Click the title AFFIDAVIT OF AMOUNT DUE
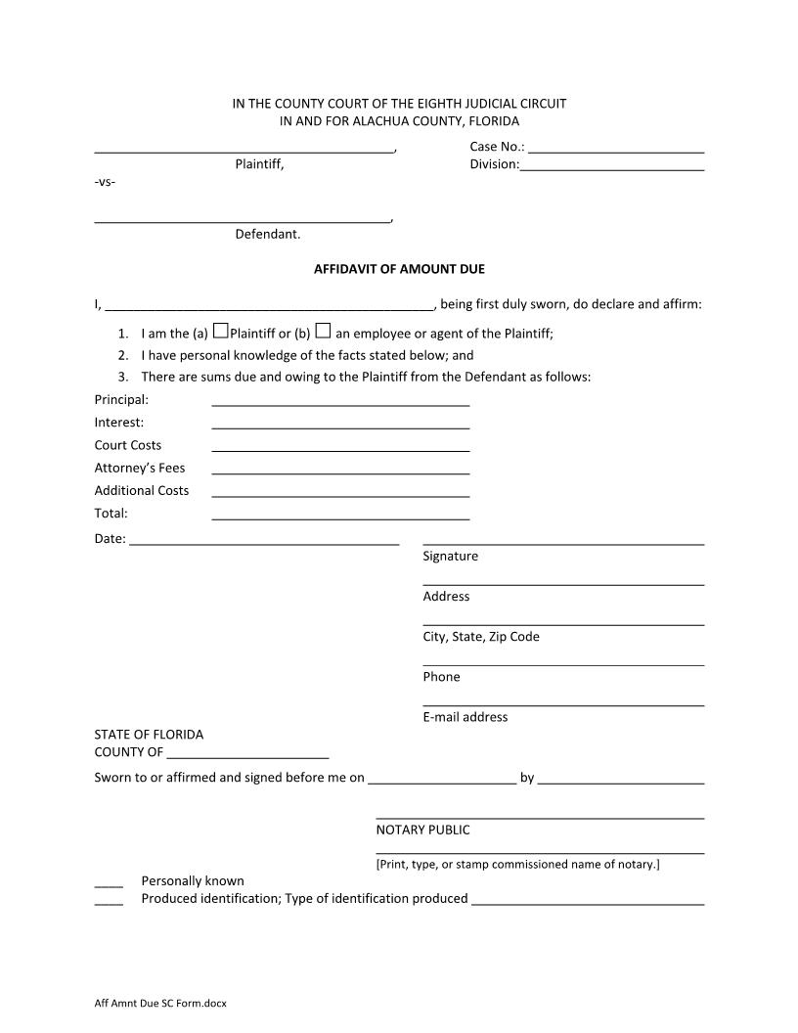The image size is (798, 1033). tap(399, 269)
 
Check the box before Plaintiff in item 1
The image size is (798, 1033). tap(221, 331)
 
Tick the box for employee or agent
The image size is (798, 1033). tap(323, 331)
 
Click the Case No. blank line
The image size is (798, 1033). tap(616, 150)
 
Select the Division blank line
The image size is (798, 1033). tap(612, 167)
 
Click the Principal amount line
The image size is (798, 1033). tap(340, 402)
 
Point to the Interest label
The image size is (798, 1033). tap(119, 423)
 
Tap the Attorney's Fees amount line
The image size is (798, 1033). tap(340, 471)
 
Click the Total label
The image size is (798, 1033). tap(111, 513)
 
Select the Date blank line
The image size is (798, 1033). tap(264, 541)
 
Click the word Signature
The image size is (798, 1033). tap(451, 557)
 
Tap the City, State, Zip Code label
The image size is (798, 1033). tap(481, 637)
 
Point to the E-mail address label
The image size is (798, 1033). tap(465, 717)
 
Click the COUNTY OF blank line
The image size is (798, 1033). tap(247, 755)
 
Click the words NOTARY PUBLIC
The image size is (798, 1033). tap(422, 830)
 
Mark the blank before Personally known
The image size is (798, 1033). tap(109, 883)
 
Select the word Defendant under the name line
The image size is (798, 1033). tap(268, 235)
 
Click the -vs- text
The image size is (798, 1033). tap(105, 183)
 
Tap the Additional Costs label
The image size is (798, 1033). tap(142, 490)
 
